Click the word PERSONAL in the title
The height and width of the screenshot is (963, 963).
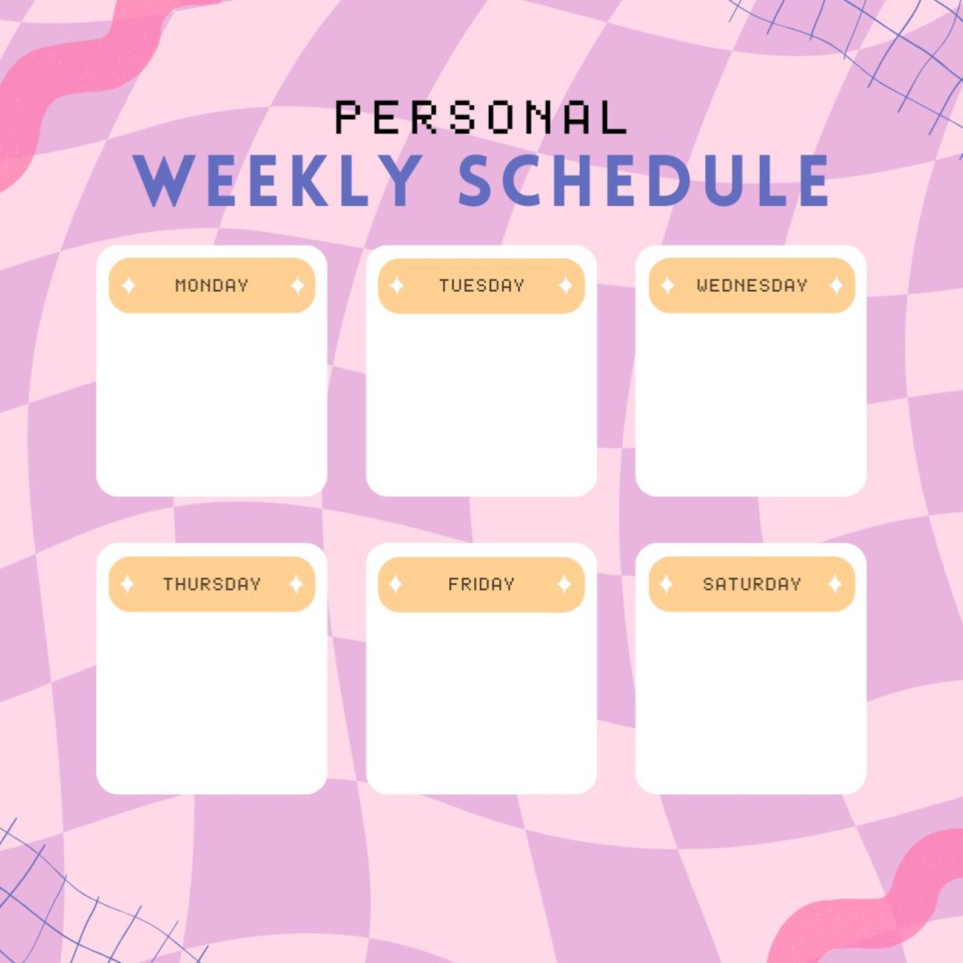pyautogui.click(x=481, y=118)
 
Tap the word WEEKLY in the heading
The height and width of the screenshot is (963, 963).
pyautogui.click(x=278, y=181)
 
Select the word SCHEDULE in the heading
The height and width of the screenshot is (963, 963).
pyautogui.click(x=644, y=181)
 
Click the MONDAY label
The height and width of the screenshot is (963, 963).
pyautogui.click(x=212, y=285)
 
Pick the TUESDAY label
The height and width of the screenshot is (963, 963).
pyautogui.click(x=481, y=285)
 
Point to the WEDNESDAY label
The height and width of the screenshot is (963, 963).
pyautogui.click(x=752, y=285)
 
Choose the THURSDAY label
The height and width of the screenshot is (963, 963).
pyautogui.click(x=212, y=584)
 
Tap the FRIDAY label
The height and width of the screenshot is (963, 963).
pyautogui.click(x=481, y=584)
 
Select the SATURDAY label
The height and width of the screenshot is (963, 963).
pyautogui.click(x=752, y=584)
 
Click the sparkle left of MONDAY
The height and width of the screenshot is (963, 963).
pyautogui.click(x=129, y=285)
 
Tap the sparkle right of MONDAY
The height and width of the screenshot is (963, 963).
pyautogui.click(x=297, y=285)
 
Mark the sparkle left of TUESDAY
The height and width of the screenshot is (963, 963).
pyautogui.click(x=397, y=285)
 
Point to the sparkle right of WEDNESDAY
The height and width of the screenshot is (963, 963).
pyautogui.click(x=836, y=285)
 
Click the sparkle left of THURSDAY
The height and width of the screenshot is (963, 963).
pyautogui.click(x=127, y=584)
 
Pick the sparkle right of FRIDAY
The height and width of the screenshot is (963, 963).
pyautogui.click(x=564, y=584)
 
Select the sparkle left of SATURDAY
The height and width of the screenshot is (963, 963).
pyautogui.click(x=666, y=584)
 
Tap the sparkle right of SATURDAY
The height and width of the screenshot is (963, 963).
pyautogui.click(x=834, y=584)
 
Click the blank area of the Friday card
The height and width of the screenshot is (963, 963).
pyautogui.click(x=481, y=703)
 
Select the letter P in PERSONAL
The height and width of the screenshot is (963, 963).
pyautogui.click(x=349, y=118)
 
